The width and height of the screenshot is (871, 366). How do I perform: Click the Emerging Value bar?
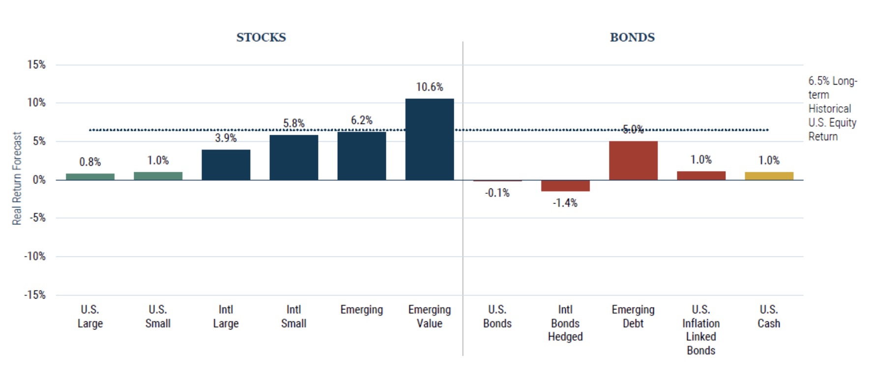click(429, 139)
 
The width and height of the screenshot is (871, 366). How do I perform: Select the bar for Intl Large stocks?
click(226, 165)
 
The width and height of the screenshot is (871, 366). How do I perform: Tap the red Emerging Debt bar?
click(633, 160)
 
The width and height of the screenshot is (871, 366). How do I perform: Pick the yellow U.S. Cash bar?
click(769, 176)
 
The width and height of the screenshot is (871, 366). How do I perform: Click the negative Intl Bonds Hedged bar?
click(565, 185)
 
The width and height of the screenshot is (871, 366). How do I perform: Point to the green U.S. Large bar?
click(90, 177)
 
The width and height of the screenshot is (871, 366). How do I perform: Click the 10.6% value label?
click(429, 87)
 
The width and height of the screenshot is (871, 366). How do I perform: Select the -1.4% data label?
click(565, 203)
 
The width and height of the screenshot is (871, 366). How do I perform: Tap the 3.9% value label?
click(226, 138)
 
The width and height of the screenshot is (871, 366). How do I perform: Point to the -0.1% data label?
click(497, 193)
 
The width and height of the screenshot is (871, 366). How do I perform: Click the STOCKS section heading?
click(261, 37)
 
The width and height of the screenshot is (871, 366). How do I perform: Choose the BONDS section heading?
click(632, 37)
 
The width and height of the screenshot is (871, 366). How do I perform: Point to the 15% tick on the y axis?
click(36, 64)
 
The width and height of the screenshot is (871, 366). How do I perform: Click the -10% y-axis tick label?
click(35, 256)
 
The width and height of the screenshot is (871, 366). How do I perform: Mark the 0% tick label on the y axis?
click(39, 180)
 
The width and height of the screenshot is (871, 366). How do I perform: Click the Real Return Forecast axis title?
click(17, 178)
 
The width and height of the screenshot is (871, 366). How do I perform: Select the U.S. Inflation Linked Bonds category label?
click(701, 330)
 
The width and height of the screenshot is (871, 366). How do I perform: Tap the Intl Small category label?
click(293, 316)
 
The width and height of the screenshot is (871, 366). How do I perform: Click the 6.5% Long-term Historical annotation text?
click(832, 109)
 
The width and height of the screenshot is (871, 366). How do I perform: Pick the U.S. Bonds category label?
click(497, 316)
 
